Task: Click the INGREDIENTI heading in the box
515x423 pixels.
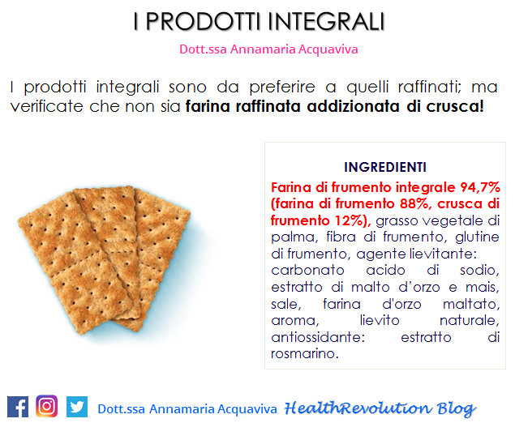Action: pos(385,168)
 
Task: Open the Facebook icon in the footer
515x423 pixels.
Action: pos(18,406)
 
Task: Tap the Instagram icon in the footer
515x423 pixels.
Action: pos(47,406)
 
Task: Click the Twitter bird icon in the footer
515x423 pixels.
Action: pos(77,406)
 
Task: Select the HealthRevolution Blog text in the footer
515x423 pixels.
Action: pos(380,408)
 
